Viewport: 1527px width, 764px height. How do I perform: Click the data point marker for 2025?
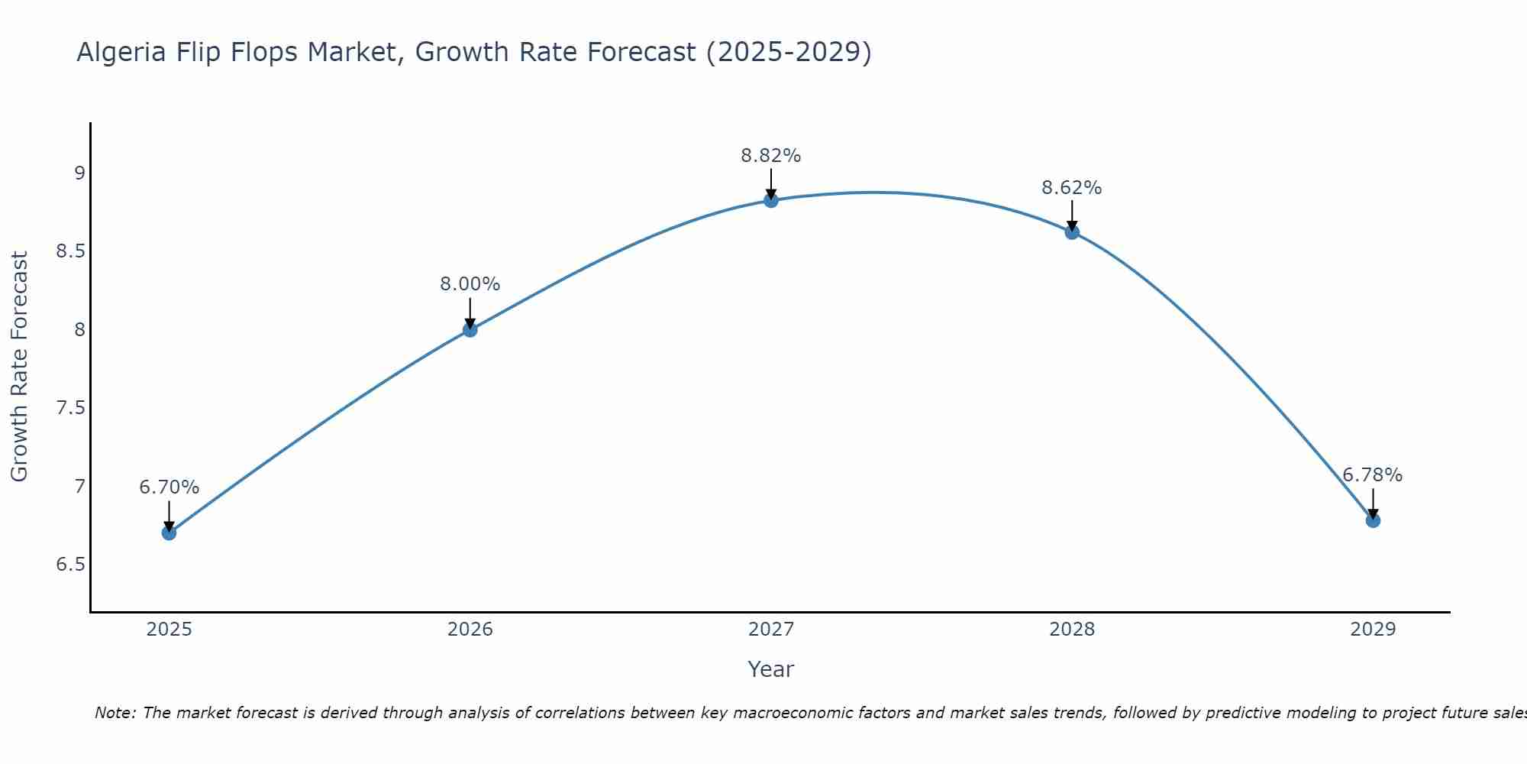click(169, 533)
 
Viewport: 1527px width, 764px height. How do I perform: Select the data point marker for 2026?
click(470, 329)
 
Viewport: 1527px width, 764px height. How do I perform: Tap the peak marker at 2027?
click(770, 200)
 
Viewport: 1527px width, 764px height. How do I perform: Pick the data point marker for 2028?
click(1071, 232)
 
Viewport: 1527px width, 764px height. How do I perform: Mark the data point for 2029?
click(1372, 520)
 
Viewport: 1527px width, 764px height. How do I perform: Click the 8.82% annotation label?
click(770, 156)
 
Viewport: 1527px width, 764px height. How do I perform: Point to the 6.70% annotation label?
click(169, 487)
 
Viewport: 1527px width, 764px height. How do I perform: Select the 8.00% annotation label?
click(470, 284)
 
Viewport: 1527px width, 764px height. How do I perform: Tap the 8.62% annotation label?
click(1071, 188)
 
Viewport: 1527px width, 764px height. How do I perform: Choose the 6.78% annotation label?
click(1372, 475)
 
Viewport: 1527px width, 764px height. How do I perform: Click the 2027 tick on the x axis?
click(770, 630)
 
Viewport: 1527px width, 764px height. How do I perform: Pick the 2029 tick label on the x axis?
click(1372, 630)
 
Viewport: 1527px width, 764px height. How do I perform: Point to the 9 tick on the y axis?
click(79, 173)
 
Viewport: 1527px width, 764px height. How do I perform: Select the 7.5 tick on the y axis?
click(70, 408)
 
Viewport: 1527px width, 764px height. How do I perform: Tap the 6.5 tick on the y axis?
click(70, 565)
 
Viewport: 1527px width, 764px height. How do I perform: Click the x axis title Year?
click(770, 669)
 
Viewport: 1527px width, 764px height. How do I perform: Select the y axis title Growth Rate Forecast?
click(19, 367)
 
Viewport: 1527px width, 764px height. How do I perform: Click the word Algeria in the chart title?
click(121, 52)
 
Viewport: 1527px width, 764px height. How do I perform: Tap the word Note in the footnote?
click(115, 713)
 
